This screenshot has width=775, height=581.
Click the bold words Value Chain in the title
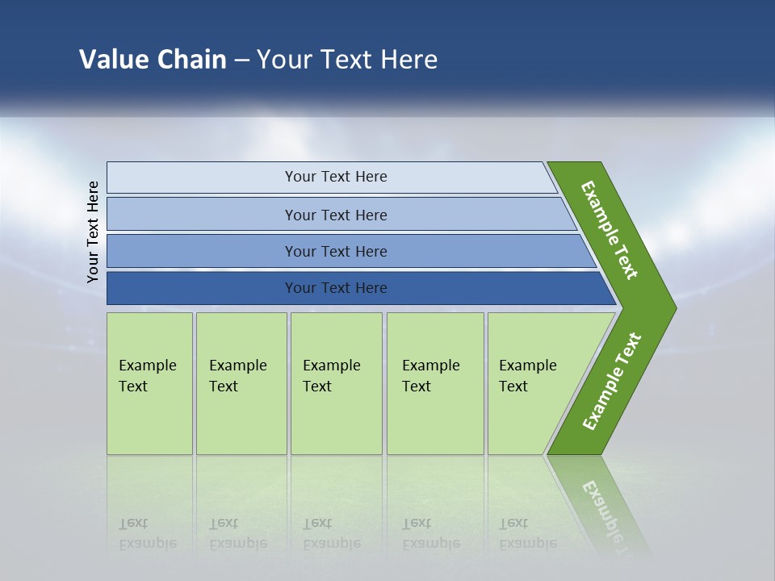(153, 60)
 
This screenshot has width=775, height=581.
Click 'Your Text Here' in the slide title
(347, 60)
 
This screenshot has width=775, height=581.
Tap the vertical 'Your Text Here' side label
(93, 232)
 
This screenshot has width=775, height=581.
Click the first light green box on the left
(149, 420)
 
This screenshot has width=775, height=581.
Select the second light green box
(241, 420)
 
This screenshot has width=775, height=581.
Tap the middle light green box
(336, 420)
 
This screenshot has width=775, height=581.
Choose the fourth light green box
(435, 420)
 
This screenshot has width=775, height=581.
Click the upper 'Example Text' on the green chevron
(610, 230)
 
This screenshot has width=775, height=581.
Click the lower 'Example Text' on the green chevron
(611, 382)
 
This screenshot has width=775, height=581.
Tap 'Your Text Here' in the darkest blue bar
(336, 288)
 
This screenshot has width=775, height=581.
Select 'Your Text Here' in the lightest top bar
(336, 177)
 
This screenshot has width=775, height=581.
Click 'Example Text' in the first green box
(147, 376)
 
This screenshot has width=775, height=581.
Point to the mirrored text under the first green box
(147, 533)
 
